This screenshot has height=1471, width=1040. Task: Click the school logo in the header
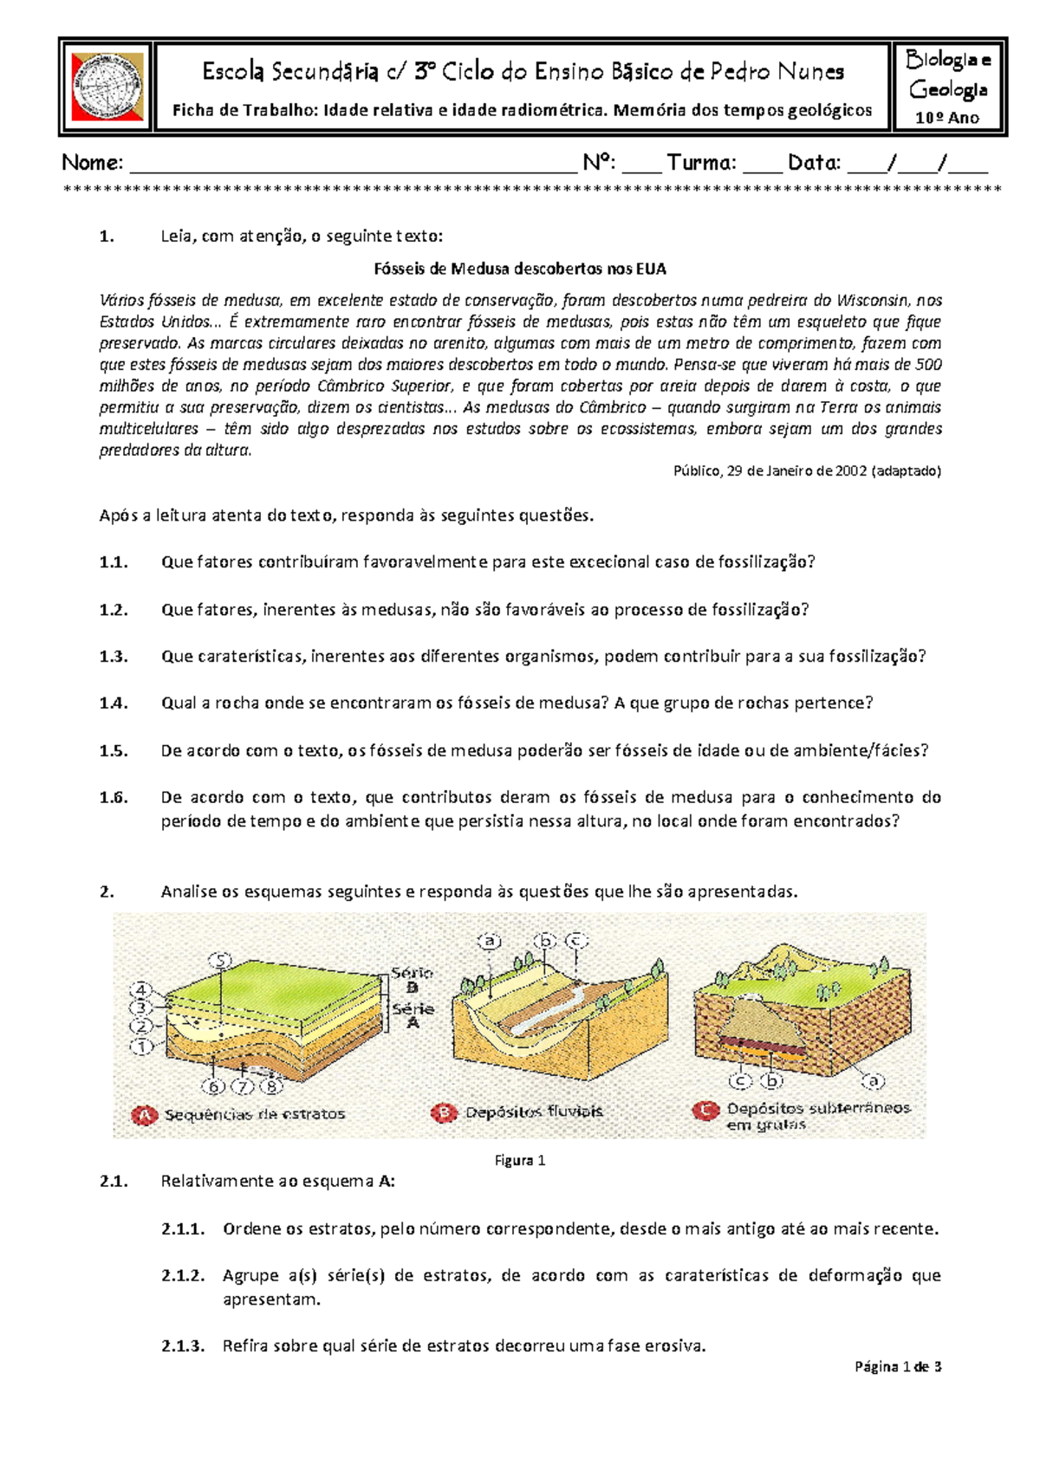[107, 87]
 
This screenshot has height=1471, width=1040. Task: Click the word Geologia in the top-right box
[948, 89]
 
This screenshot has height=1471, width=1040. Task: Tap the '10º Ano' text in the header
[947, 118]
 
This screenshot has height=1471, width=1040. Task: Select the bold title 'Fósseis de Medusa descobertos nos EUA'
[520, 269]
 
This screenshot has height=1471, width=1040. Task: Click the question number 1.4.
[114, 703]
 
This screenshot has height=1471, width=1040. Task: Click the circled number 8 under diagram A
[272, 1086]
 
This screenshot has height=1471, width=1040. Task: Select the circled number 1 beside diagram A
[141, 1047]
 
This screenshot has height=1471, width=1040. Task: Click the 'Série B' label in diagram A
[413, 980]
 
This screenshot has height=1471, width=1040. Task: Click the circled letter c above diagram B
[575, 940]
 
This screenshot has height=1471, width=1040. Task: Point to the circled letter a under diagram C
[873, 1081]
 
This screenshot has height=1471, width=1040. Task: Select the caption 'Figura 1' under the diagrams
[520, 1161]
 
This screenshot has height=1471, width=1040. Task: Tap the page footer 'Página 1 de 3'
[898, 1367]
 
